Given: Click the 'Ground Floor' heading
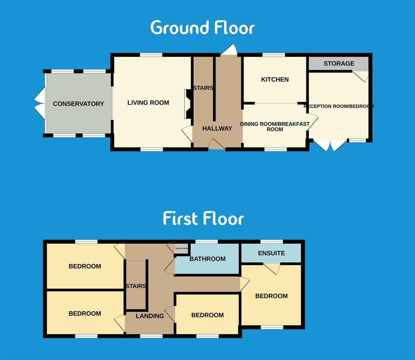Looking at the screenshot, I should (202, 28).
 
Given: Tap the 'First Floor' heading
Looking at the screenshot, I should (203, 219).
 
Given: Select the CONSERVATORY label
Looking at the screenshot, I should (78, 104).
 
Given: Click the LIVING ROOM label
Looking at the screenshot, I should (148, 103).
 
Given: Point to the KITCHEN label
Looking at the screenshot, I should (275, 79).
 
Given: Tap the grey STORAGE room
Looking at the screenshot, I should (339, 63).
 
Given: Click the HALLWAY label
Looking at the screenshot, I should (217, 128).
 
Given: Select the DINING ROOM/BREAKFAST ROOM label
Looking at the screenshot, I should (275, 127).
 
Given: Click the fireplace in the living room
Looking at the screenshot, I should (188, 104).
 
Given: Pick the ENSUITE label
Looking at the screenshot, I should (271, 253).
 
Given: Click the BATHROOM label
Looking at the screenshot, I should (207, 259).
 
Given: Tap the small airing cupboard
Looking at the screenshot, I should (182, 248).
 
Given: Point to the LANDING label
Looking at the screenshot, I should (150, 316).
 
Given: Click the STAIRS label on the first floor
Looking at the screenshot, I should (136, 286).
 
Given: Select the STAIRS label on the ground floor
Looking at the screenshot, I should (203, 88).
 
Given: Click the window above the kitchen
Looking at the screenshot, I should (274, 55).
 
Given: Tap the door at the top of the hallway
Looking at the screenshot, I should (229, 51).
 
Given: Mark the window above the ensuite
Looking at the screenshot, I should (271, 242).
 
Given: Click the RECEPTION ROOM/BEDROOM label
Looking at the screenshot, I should (339, 106).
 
